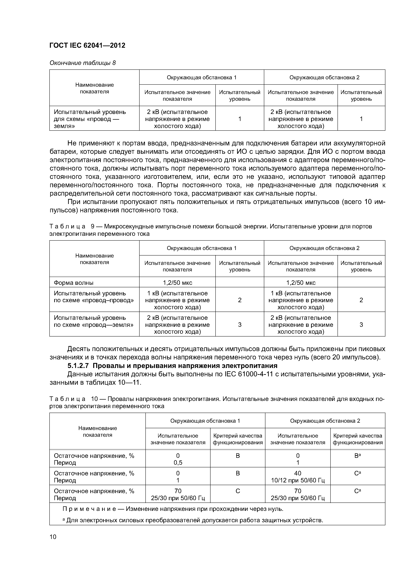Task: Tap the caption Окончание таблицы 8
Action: (82, 63)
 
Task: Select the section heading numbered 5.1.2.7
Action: (172, 366)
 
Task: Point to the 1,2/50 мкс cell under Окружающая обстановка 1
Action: (177, 282)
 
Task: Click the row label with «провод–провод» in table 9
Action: (94, 297)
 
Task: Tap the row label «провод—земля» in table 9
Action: (94, 321)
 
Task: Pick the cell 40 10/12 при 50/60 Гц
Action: (298, 477)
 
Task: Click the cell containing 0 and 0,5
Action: (178, 459)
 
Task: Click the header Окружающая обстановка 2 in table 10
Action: (325, 421)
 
